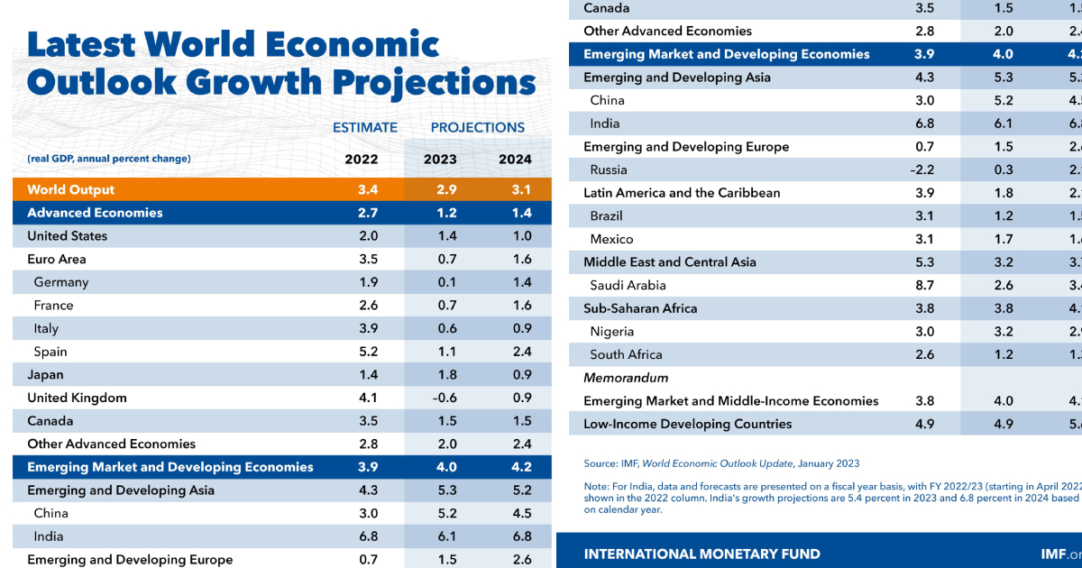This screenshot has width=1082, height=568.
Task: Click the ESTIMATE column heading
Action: tap(365, 127)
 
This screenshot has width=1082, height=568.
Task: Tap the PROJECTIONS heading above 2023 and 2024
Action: tap(477, 127)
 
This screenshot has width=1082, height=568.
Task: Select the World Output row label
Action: tap(71, 189)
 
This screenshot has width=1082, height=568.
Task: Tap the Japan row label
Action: tap(45, 374)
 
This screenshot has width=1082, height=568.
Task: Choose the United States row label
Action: tap(67, 235)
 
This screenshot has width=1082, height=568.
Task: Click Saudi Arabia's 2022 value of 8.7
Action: tap(924, 285)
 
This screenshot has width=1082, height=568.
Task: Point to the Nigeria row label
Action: tap(612, 331)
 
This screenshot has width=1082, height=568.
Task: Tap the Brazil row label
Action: tap(606, 215)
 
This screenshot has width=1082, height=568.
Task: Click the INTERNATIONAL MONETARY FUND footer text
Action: tap(702, 554)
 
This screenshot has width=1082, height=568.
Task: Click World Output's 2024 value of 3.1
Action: tap(516, 189)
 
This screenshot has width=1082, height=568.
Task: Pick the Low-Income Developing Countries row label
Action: tap(687, 424)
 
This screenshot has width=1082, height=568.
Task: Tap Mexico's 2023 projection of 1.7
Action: tap(1004, 239)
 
